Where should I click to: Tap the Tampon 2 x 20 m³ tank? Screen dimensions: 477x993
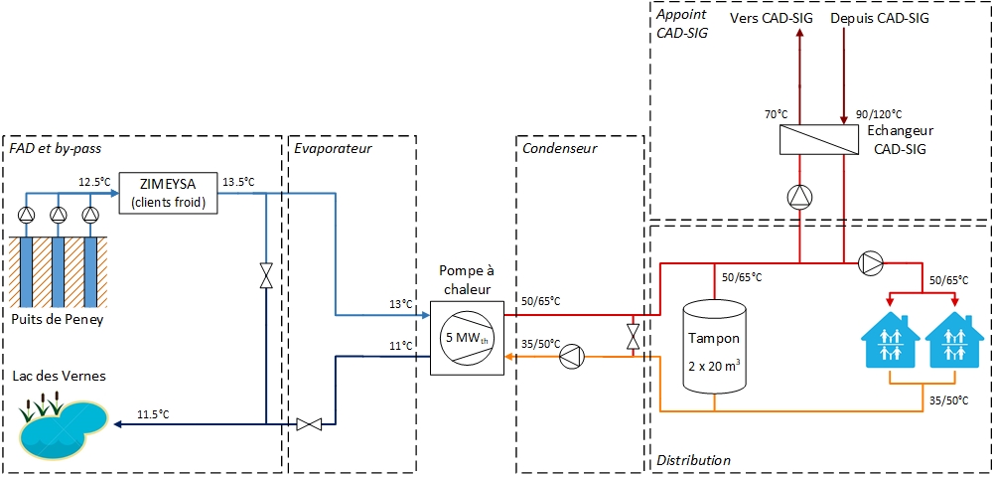[714, 344]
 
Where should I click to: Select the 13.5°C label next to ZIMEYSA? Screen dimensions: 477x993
[238, 182]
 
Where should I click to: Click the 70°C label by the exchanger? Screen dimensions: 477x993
[775, 115]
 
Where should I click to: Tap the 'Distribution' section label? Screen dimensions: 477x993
[693, 460]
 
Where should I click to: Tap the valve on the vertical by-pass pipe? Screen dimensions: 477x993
[266, 276]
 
